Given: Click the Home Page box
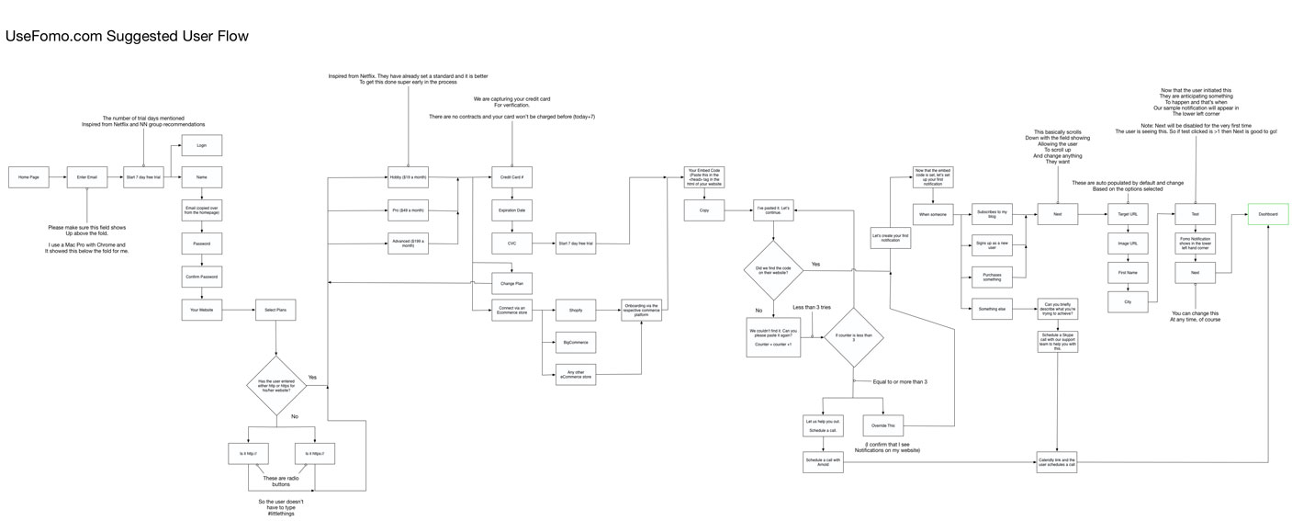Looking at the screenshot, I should pos(28,177).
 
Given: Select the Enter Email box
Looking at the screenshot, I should pos(87,177).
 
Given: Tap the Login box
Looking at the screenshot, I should pos(201,145).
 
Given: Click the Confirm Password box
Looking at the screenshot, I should pos(201,277).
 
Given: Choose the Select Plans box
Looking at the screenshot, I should pos(275,311).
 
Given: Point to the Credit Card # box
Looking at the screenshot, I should pos(511,177).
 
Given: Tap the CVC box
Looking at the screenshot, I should pos(511,244).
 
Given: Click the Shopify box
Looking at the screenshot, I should pos(576,311).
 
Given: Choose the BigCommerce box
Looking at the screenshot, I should pos(576,342).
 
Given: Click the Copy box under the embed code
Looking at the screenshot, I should pos(703,210).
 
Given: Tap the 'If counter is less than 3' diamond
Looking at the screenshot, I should pos(852,336).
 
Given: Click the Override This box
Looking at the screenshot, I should pos(882,426).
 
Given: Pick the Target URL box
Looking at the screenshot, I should pos(1129,214).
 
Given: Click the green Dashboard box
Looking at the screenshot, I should pos(1267,214).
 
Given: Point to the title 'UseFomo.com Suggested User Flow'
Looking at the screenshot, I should pos(128,37).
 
